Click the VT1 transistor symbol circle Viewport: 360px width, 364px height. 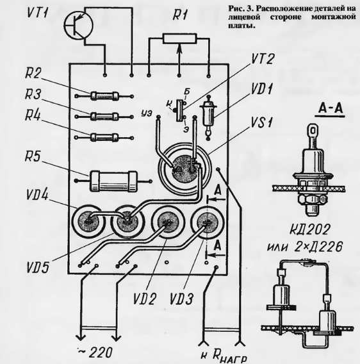pos(78,25)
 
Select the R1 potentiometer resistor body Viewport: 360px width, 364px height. pos(179,38)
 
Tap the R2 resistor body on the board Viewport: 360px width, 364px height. pos(104,96)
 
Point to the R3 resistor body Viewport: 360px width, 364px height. pos(104,116)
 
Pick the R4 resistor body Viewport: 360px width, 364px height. pos(104,137)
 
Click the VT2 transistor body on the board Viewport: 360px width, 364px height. pos(179,110)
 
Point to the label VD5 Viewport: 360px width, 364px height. pos(38,267)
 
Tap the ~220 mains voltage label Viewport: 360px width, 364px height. pos(95,353)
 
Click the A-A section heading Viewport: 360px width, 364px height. pos(331,108)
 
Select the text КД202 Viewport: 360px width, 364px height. pos(310,230)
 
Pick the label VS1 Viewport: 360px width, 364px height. pos(261,122)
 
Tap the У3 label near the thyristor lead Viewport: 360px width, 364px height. pos(147,113)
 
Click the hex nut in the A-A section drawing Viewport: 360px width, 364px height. pos(313,198)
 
